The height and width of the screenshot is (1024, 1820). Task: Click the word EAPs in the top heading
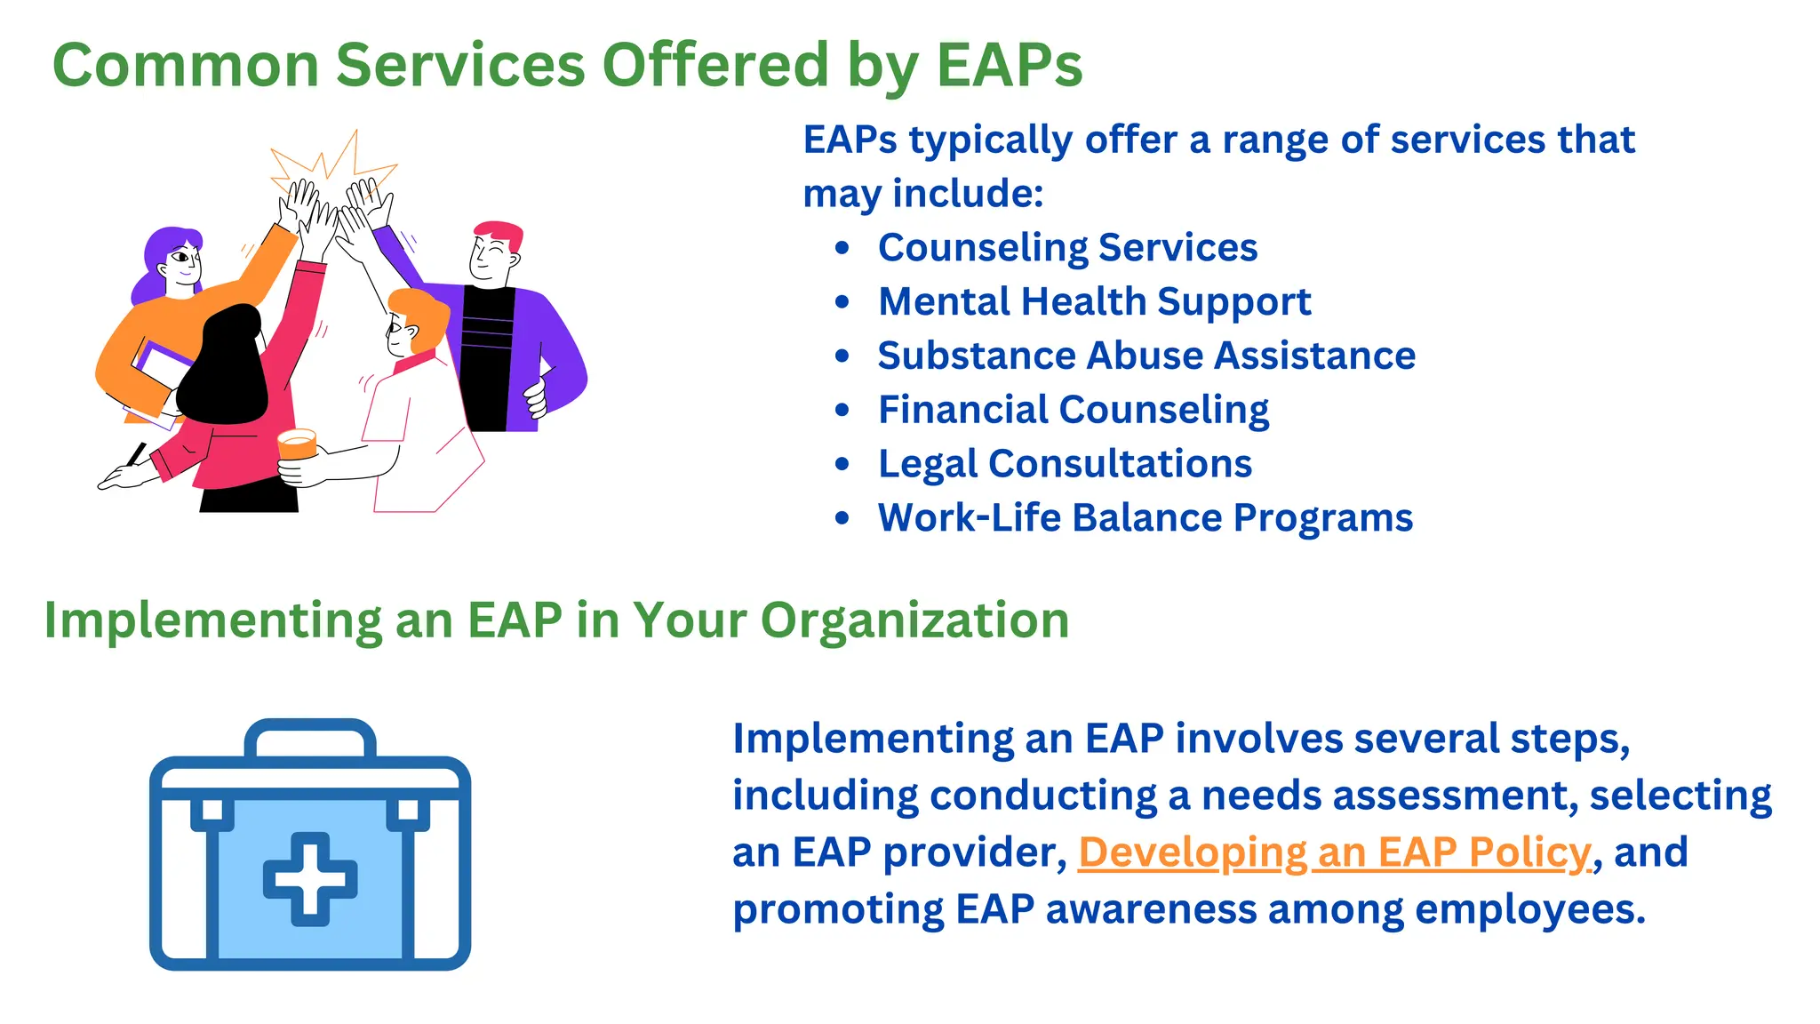click(1010, 65)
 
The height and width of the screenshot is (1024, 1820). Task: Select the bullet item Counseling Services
click(1067, 247)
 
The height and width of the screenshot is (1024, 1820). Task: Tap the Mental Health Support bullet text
click(1094, 301)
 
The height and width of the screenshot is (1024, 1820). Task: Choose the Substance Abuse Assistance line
click(1146, 356)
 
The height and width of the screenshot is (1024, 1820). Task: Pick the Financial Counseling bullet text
click(1074, 410)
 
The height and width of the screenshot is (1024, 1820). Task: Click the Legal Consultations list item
click(1065, 464)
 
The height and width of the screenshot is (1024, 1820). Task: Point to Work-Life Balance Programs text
click(1145, 518)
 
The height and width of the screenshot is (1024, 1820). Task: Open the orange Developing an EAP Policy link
click(1334, 852)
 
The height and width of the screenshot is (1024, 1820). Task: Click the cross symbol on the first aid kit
click(310, 878)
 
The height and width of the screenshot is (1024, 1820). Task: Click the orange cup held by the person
click(297, 444)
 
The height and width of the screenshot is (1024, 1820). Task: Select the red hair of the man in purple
click(499, 234)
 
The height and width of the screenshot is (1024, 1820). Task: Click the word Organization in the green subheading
click(914, 620)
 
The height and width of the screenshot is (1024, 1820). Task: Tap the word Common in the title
click(186, 65)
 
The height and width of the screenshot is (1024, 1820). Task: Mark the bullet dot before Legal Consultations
click(842, 464)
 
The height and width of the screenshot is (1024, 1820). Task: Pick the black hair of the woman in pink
click(227, 364)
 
